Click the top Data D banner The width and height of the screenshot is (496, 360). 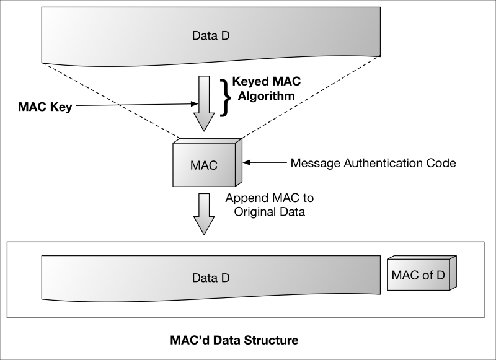pos(210,35)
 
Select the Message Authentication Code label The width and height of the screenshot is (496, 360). pos(373,164)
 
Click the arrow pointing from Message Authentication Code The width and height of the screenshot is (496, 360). pos(265,164)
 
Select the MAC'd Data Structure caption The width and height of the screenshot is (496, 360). pos(234,340)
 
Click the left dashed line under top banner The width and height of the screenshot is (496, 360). pos(112,99)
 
